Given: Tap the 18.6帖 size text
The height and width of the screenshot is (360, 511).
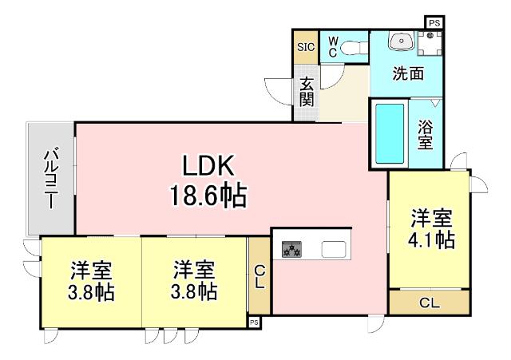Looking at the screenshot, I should [x=207, y=195].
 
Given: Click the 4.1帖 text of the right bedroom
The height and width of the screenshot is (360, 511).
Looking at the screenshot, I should [x=433, y=239].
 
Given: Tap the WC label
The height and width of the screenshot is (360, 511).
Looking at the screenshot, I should [x=331, y=45].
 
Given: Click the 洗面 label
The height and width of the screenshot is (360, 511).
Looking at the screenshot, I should [x=407, y=73].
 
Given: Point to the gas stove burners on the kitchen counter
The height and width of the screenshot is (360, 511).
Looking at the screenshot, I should [x=291, y=251].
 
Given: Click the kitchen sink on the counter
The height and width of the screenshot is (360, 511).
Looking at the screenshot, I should [x=335, y=249].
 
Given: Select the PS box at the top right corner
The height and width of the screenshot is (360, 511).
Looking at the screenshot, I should [x=434, y=23].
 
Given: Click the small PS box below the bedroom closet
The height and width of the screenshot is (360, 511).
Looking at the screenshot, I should [x=254, y=322].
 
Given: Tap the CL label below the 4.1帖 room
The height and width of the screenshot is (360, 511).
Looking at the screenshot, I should [x=429, y=303].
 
